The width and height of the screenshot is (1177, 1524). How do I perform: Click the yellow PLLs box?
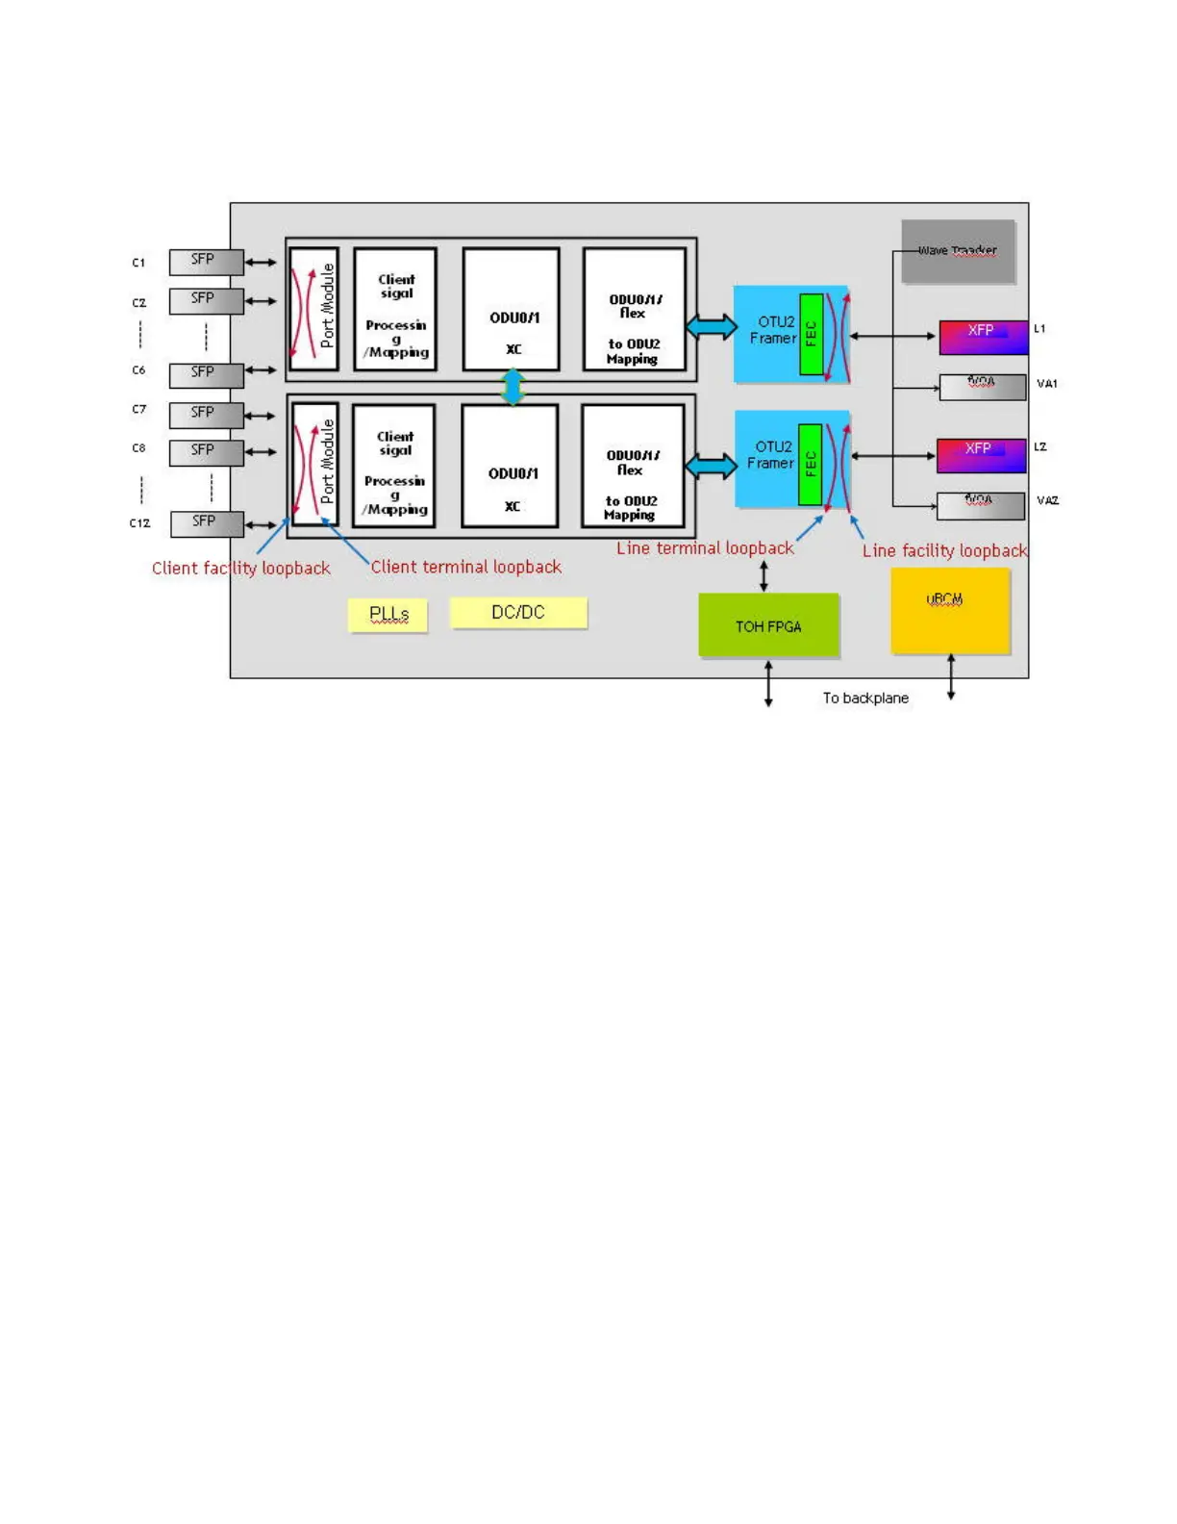tap(388, 615)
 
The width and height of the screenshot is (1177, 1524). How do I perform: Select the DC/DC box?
tap(518, 613)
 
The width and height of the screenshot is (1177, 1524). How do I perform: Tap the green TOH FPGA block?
tap(768, 626)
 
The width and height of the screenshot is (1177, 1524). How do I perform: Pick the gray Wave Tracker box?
tap(958, 251)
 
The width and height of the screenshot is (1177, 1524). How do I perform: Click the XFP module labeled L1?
tap(983, 337)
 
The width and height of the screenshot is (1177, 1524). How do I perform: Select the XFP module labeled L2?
tap(981, 455)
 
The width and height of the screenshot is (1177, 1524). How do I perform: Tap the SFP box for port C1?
tap(206, 262)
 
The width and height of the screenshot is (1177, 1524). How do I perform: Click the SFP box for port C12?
tap(207, 524)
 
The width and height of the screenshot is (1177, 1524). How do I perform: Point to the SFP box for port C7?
tap(206, 415)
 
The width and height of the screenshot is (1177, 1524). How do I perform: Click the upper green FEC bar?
tap(811, 334)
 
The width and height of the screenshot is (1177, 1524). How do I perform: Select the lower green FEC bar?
tap(810, 464)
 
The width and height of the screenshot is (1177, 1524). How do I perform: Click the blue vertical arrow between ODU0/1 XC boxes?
tap(513, 387)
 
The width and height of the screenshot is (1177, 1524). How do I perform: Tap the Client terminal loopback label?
tap(465, 567)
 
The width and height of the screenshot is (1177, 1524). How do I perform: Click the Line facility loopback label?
tap(944, 551)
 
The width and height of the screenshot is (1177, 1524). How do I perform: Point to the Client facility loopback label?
tap(240, 569)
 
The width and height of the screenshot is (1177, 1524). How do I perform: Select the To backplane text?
tap(864, 698)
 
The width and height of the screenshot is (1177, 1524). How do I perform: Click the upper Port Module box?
tap(314, 309)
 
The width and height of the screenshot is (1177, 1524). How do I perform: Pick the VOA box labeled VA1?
tap(982, 387)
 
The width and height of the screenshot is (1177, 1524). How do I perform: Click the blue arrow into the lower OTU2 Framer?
tap(712, 467)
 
